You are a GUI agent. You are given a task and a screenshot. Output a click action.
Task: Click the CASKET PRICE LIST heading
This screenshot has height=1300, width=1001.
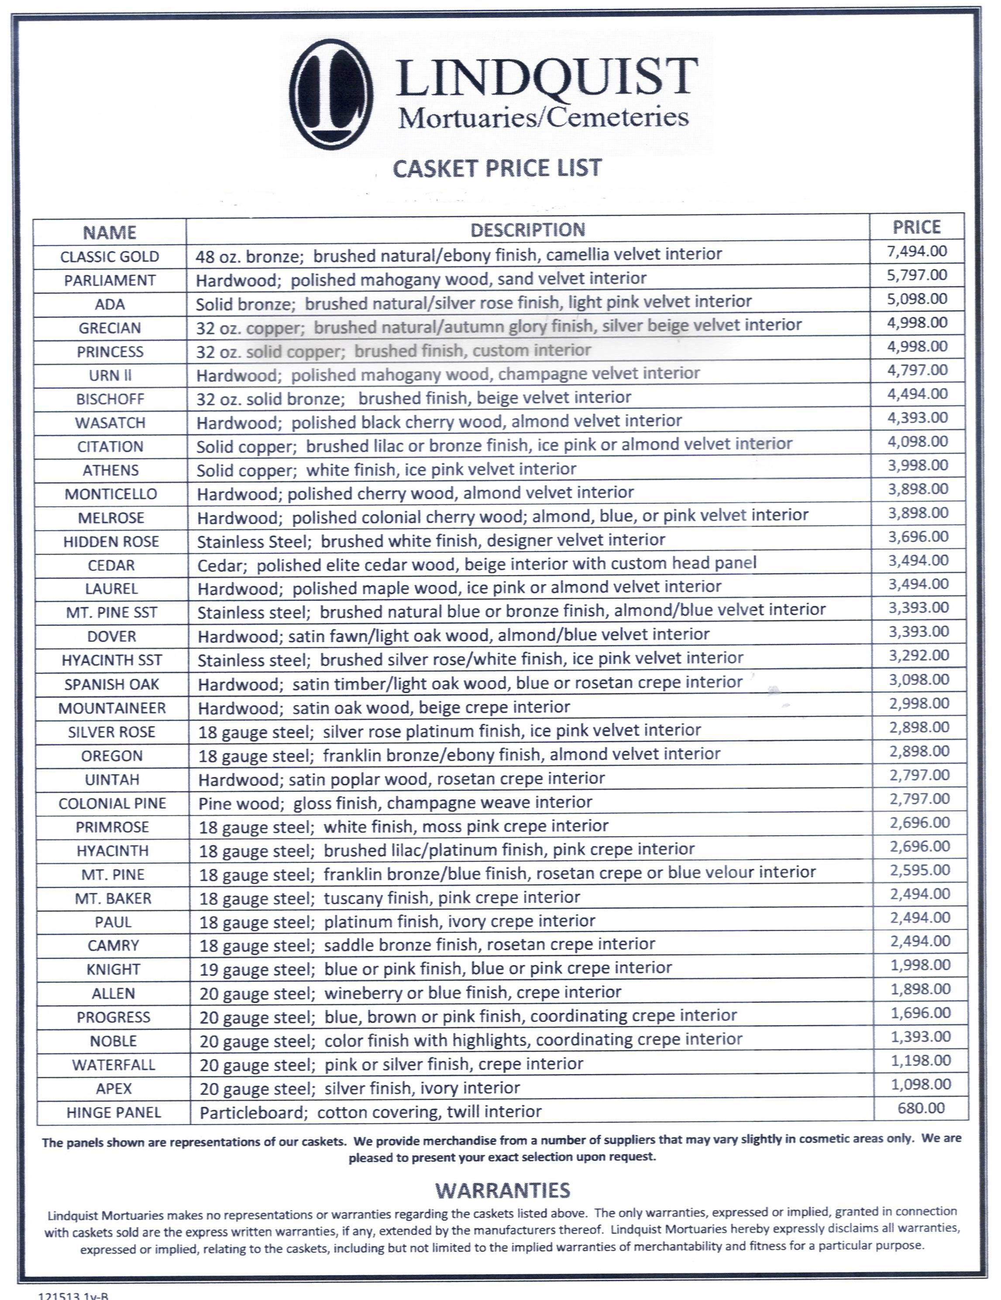pyautogui.click(x=497, y=168)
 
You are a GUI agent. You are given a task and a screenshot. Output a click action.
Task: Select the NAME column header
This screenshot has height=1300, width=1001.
pyautogui.click(x=110, y=232)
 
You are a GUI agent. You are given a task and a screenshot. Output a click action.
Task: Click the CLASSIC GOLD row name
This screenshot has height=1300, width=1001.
pyautogui.click(x=110, y=257)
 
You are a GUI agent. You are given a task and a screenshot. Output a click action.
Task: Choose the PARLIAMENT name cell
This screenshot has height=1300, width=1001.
pyautogui.click(x=110, y=281)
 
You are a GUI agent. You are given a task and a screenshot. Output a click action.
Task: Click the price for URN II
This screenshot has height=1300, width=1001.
pyautogui.click(x=918, y=370)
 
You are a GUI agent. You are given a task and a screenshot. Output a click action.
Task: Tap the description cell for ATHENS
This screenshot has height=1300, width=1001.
pyautogui.click(x=387, y=470)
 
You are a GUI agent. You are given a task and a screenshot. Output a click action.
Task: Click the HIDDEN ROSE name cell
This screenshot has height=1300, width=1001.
pyautogui.click(x=111, y=542)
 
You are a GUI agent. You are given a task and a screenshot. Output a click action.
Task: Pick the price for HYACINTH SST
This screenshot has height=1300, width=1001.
pyautogui.click(x=919, y=655)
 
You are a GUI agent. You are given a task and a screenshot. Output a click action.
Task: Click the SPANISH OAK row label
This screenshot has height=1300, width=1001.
pyautogui.click(x=112, y=685)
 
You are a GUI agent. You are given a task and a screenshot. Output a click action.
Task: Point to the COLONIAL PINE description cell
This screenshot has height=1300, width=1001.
pyautogui.click(x=396, y=802)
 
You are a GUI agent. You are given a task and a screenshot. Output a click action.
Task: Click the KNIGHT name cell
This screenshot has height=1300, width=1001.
pyautogui.click(x=113, y=970)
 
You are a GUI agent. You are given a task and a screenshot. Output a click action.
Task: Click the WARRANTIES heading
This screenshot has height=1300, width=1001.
pyautogui.click(x=502, y=1190)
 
